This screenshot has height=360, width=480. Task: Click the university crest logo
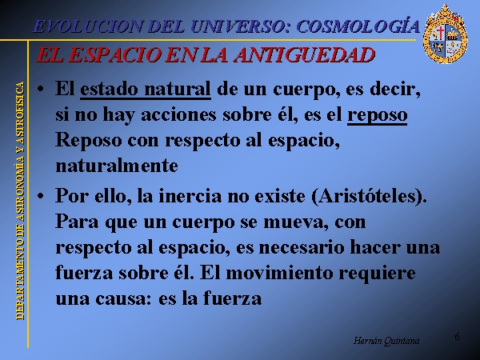(445, 34)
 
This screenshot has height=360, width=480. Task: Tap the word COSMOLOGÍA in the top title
(358, 26)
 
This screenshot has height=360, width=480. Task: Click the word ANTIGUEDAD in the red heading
(304, 55)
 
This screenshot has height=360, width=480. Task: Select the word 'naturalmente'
(117, 166)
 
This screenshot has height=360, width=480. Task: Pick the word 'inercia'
(190, 196)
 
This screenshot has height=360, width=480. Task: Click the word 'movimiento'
(279, 273)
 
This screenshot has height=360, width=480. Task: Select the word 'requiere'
(377, 274)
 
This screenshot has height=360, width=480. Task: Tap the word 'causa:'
(123, 298)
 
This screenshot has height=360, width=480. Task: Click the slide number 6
(457, 337)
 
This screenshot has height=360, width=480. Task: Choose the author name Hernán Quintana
(386, 341)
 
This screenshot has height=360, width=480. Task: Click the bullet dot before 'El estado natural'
(40, 90)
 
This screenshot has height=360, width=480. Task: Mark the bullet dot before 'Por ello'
(40, 196)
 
